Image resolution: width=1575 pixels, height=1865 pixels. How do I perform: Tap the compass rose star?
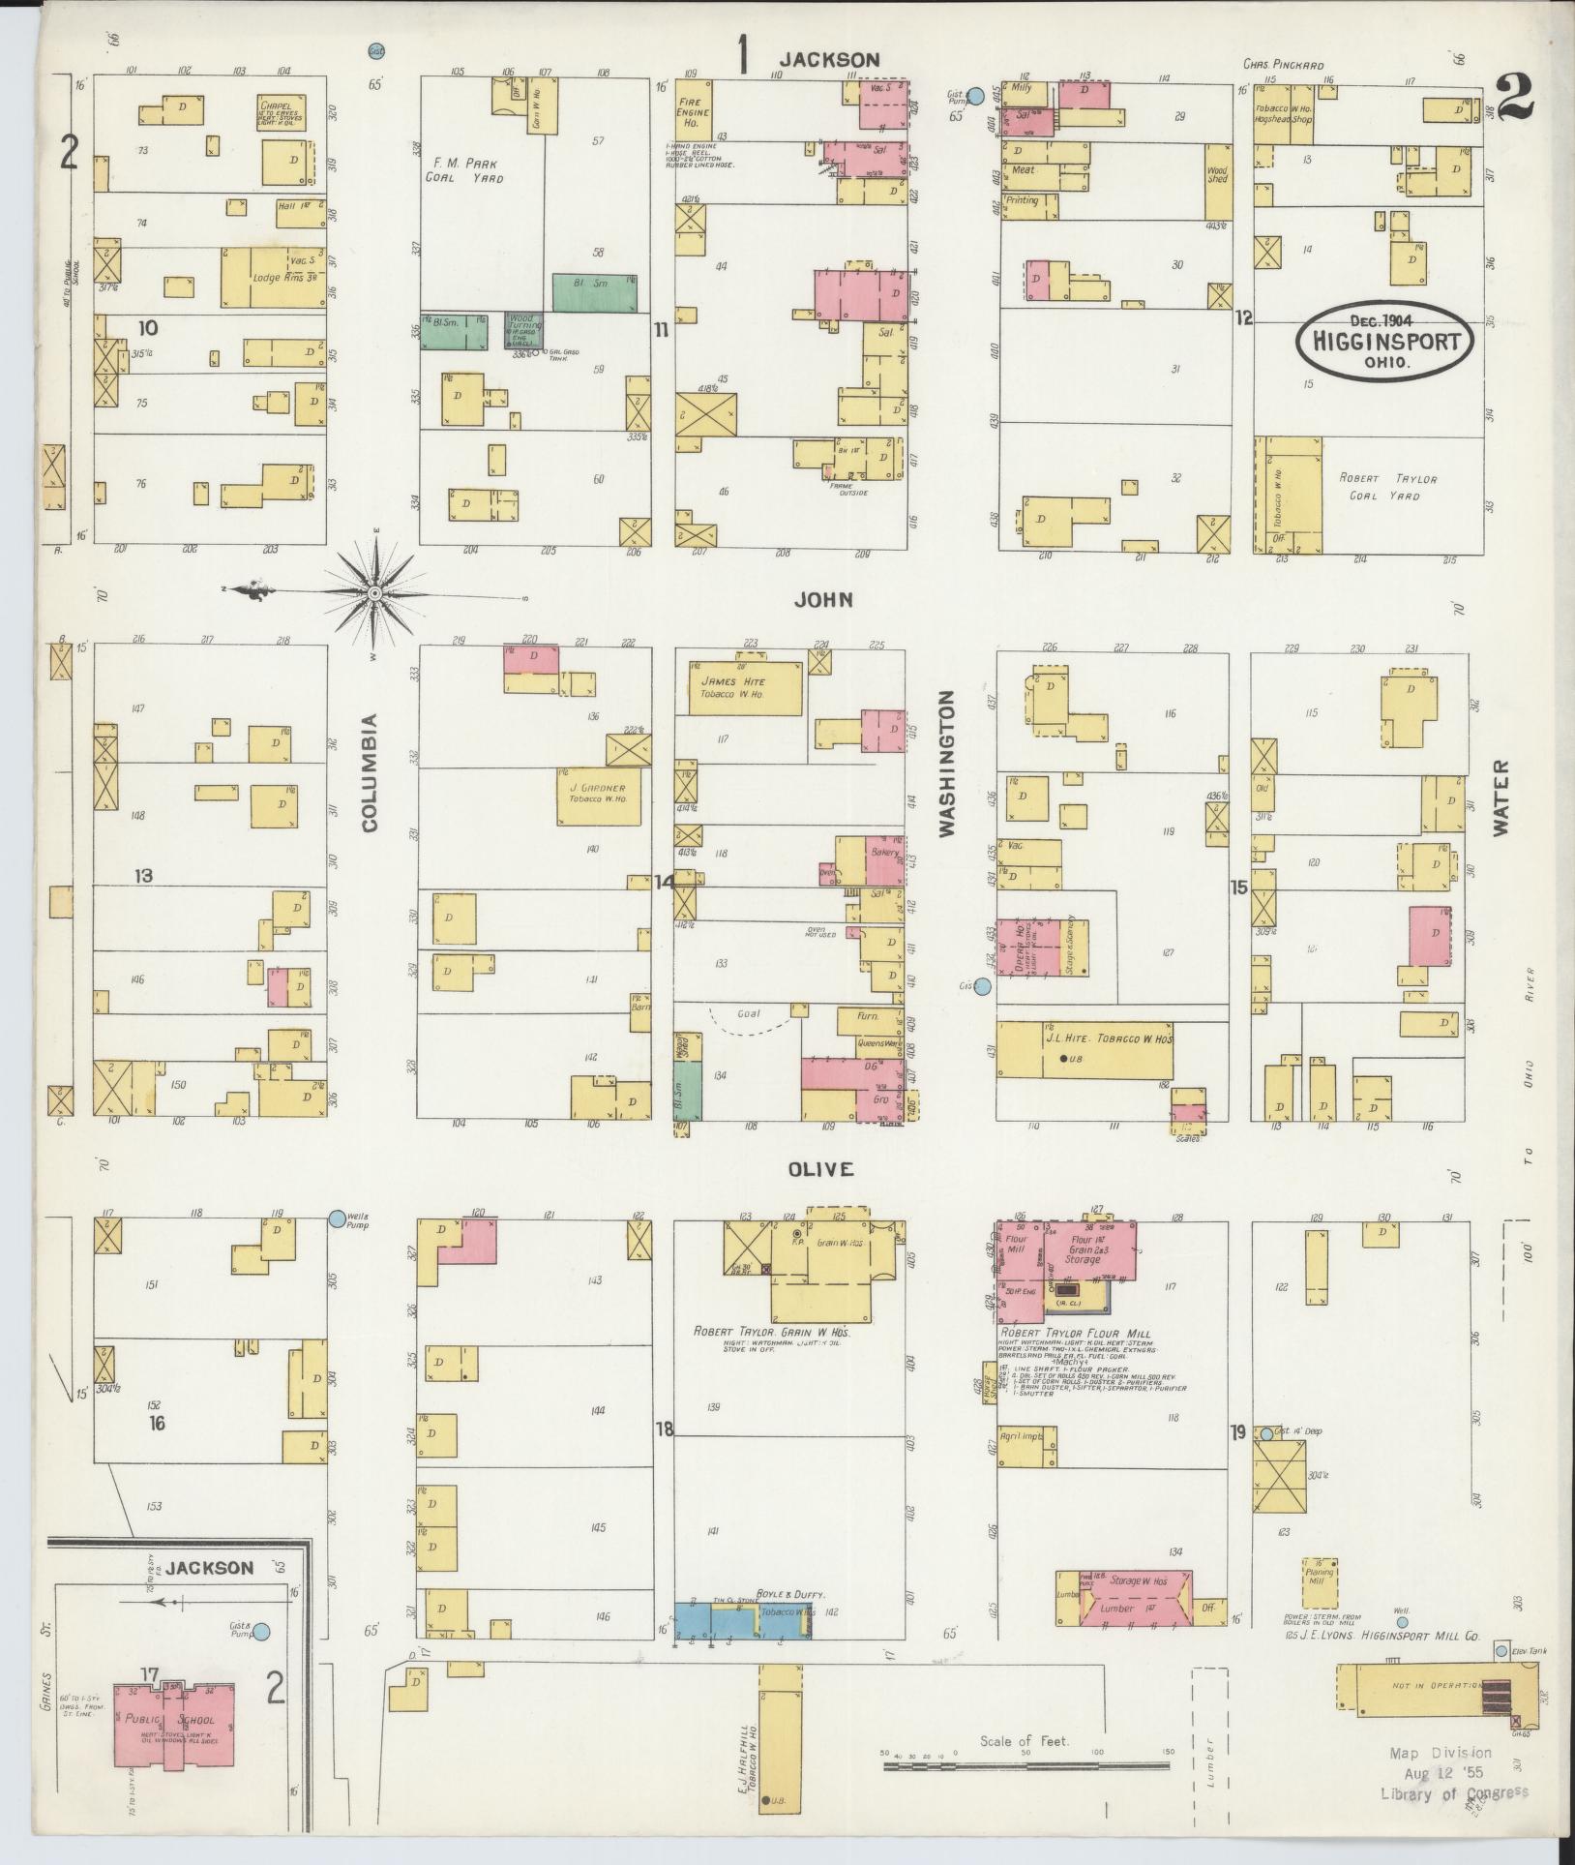coord(374,592)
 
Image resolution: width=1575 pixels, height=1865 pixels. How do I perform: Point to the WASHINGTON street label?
coord(947,764)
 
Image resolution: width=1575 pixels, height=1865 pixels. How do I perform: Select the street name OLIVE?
coord(820,1169)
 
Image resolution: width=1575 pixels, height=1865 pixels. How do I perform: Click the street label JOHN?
coord(822,600)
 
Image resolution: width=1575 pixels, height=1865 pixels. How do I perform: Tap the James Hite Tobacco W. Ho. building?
coord(744,688)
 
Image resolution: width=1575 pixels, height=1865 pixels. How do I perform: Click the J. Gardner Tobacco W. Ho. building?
coord(598,797)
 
